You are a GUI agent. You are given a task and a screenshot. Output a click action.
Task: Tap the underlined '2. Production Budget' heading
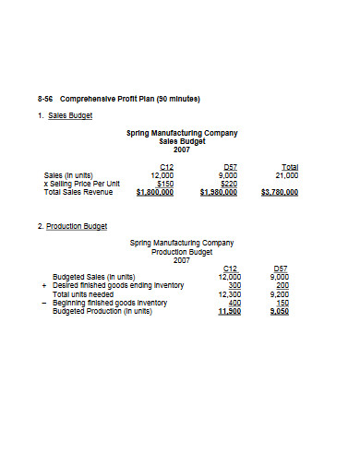(72, 226)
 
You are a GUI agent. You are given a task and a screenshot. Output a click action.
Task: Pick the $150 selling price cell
(164, 183)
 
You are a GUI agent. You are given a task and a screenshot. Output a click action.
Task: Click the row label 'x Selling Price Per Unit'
(82, 183)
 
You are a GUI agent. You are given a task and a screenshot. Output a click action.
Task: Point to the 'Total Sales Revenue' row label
(78, 192)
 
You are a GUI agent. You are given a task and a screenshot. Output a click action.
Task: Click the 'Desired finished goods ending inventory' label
(118, 284)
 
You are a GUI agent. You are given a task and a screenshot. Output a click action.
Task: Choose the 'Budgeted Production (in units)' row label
(102, 311)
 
